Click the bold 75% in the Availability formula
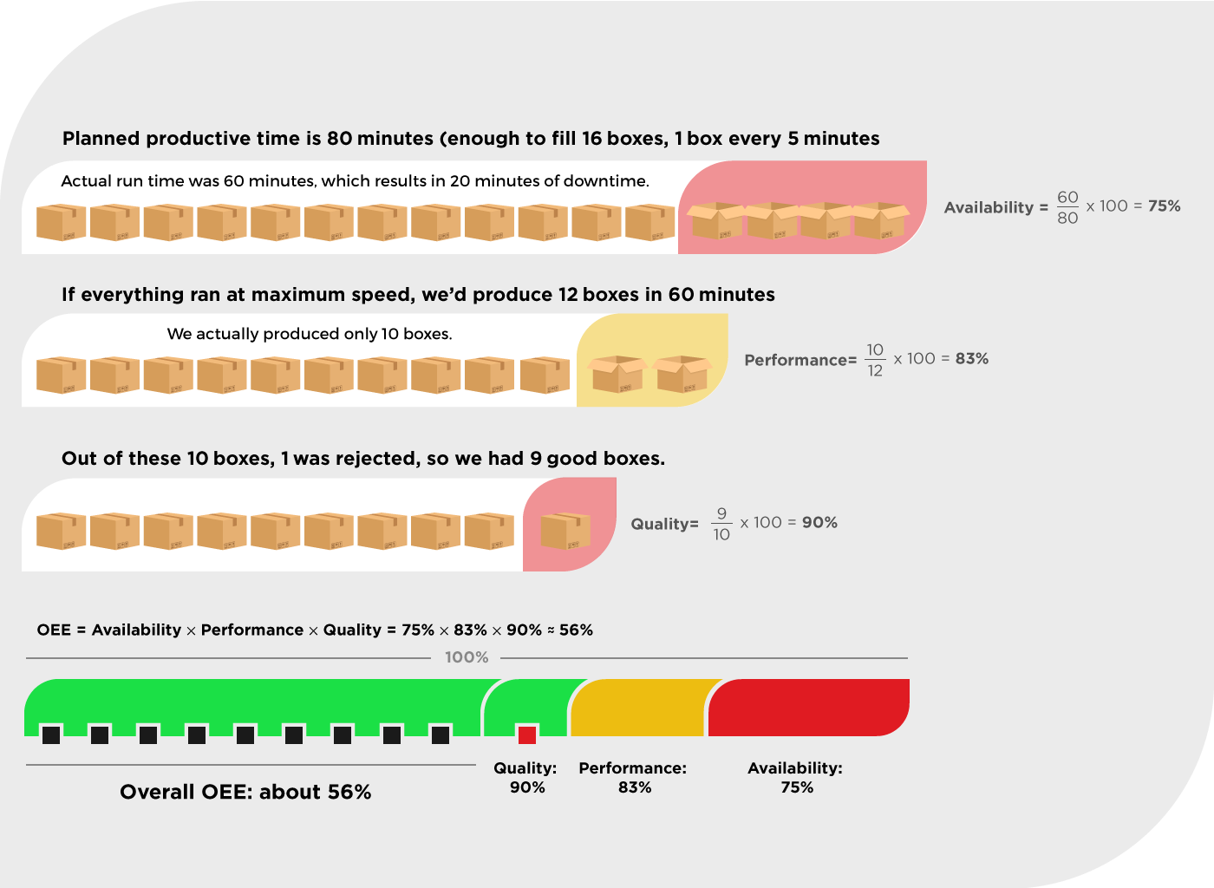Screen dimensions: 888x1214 [x=1164, y=206]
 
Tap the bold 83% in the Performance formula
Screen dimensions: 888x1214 [x=971, y=359]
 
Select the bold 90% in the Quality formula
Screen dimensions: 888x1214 [x=819, y=523]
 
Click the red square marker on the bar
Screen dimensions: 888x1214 [x=527, y=735]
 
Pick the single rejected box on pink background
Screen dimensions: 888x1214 [x=565, y=532]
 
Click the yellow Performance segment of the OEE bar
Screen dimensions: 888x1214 [x=637, y=707]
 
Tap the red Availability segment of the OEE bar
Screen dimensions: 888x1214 [x=808, y=707]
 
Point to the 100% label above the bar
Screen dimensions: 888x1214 [x=467, y=657]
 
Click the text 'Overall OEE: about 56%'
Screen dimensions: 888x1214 [x=245, y=792]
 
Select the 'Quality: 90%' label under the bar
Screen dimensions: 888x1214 [x=525, y=778]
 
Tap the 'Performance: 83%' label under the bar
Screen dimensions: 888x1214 [x=633, y=778]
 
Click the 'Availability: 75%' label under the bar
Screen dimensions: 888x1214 [x=795, y=778]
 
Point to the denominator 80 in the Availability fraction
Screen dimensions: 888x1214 [x=1067, y=218]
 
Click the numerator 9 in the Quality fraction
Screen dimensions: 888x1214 [x=721, y=513]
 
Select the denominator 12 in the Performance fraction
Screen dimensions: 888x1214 [x=875, y=370]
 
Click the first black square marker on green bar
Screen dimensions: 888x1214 [x=51, y=735]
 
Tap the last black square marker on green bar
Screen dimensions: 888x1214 [x=441, y=735]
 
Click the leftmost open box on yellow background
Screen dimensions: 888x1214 [x=617, y=374]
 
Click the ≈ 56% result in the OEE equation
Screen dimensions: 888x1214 [x=570, y=630]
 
